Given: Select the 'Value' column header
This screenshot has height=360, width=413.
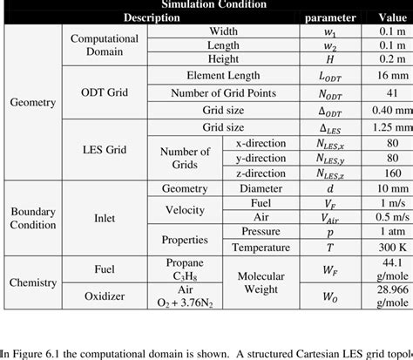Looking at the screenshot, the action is (x=387, y=17).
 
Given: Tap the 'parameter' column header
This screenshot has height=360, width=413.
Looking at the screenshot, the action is (x=329, y=17).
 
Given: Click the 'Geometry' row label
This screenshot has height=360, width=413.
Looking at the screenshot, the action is (x=32, y=102).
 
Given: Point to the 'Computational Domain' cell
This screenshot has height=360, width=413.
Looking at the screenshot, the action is (x=104, y=45).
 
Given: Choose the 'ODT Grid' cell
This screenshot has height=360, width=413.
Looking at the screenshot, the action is (x=104, y=93).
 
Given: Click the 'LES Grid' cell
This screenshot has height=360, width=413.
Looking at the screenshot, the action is (x=104, y=150).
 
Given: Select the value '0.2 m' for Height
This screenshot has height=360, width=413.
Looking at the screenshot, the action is (x=387, y=60).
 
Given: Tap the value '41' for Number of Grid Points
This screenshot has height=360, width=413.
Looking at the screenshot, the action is (x=387, y=93).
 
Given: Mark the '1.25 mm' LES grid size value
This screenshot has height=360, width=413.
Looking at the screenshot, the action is (x=387, y=127).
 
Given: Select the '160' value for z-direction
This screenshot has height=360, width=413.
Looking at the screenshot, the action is (x=387, y=174).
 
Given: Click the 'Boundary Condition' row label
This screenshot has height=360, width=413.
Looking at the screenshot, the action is (x=32, y=219).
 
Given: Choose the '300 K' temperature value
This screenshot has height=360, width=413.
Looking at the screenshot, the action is (x=387, y=247).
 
